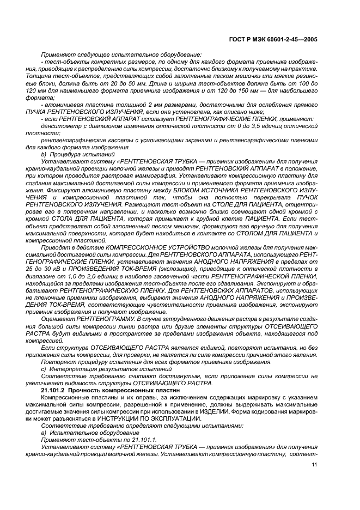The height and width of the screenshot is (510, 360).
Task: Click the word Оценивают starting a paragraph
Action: [57, 318]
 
